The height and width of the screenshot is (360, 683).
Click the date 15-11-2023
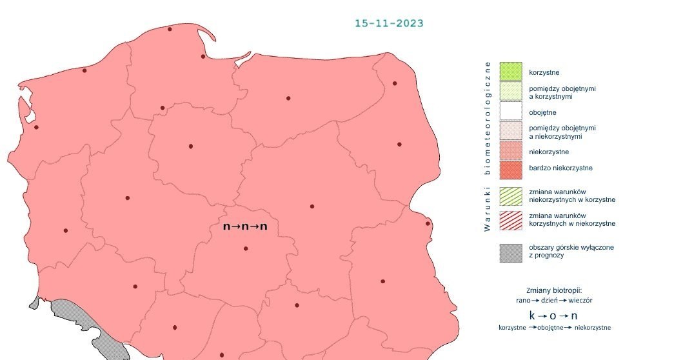click(389, 23)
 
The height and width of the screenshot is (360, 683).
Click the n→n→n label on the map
click(245, 226)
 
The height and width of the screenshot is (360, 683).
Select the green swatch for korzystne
click(510, 72)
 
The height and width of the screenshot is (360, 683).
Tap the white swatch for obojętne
click(510, 112)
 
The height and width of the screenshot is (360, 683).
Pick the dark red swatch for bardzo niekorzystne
click(510, 169)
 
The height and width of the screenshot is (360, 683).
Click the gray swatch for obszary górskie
click(510, 252)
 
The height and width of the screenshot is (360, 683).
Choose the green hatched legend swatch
click(510, 196)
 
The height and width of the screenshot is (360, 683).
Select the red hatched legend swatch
click(510, 219)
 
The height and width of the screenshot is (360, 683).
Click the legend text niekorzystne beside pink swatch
click(549, 152)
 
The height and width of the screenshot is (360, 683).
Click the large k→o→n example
click(553, 315)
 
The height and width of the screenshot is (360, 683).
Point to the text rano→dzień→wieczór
click(554, 301)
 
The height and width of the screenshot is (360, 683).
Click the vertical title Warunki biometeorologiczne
click(488, 146)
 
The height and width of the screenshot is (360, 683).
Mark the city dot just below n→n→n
click(246, 248)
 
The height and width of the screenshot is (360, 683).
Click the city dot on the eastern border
click(427, 224)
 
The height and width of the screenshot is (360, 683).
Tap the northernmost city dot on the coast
click(170, 29)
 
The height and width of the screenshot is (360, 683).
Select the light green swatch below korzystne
click(510, 92)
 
